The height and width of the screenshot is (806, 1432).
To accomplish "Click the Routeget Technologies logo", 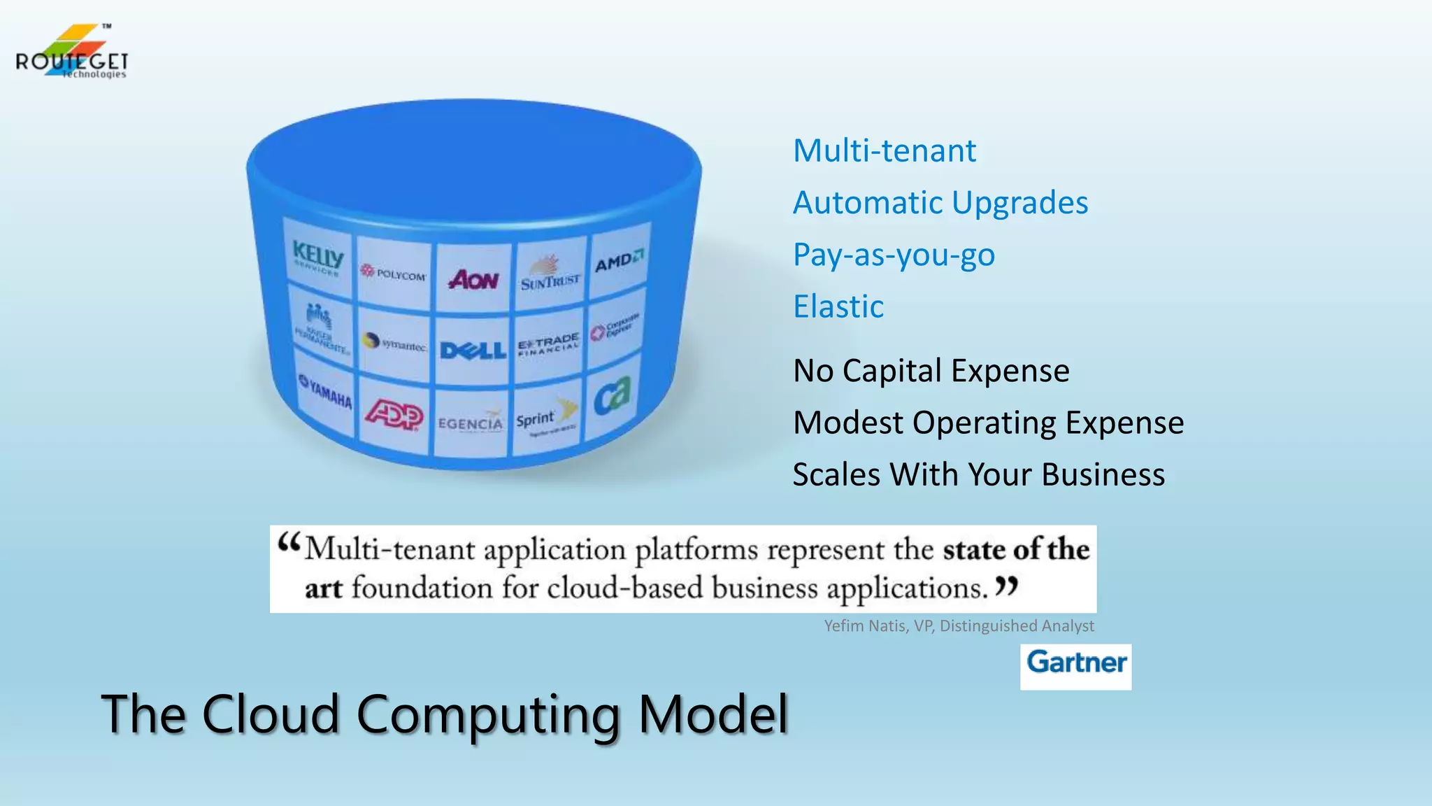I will (71, 52).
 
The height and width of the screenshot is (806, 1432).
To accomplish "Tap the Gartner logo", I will (1075, 663).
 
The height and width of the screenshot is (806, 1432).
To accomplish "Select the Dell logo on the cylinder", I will (473, 349).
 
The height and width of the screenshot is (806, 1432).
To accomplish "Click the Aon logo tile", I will (473, 279).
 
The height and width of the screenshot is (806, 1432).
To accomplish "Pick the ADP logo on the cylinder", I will (394, 416).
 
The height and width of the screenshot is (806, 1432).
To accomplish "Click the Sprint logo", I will (545, 418).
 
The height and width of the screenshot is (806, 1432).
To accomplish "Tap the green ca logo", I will (612, 396).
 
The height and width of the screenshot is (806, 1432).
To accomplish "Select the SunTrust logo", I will (550, 275).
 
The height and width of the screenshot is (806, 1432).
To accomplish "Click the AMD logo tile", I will (619, 261).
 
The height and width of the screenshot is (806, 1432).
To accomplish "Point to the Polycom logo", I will (393, 273).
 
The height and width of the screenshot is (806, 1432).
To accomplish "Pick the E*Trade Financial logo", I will (548, 344).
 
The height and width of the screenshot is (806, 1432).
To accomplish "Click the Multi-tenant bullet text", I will (884, 151).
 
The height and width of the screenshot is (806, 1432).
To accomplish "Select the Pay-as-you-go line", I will (894, 255).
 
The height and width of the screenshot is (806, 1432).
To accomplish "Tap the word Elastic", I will (838, 306).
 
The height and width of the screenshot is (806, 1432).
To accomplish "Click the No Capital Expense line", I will (931, 371).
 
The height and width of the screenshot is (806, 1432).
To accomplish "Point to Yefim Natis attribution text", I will (959, 625).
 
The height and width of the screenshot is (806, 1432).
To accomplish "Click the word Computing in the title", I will (487, 715).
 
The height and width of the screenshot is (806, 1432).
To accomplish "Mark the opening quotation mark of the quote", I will (289, 543).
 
